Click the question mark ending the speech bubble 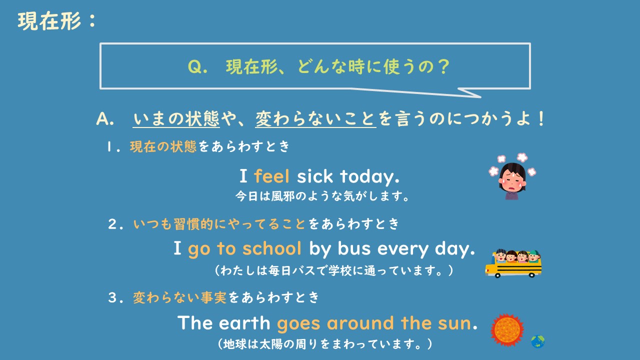pos(441,67)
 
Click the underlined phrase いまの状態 pos(176,119)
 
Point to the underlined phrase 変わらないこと pos(315,119)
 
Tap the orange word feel pos(272,176)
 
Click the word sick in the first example pos(315,176)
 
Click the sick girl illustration pos(511,175)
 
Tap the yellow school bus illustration pos(513,263)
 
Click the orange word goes pos(299,323)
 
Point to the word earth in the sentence pos(245,323)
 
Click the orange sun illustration pos(507,330)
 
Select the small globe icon pos(538,341)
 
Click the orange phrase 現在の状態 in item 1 pos(163,147)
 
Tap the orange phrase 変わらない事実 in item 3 pos(179,298)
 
